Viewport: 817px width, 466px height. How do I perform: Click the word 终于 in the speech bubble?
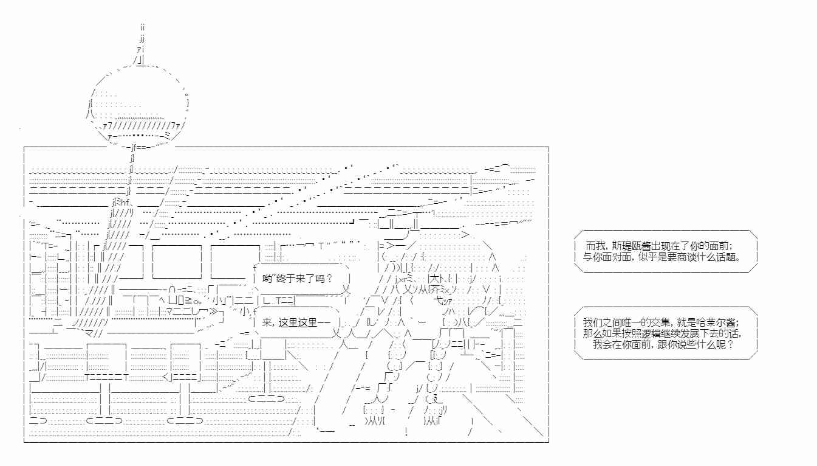285,279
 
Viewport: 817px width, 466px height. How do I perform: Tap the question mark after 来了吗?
329,279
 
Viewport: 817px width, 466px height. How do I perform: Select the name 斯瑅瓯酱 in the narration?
632,246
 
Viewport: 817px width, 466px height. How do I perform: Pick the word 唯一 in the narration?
632,322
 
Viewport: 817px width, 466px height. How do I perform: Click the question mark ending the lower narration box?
730,344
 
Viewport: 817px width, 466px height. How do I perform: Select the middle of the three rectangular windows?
177,262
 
